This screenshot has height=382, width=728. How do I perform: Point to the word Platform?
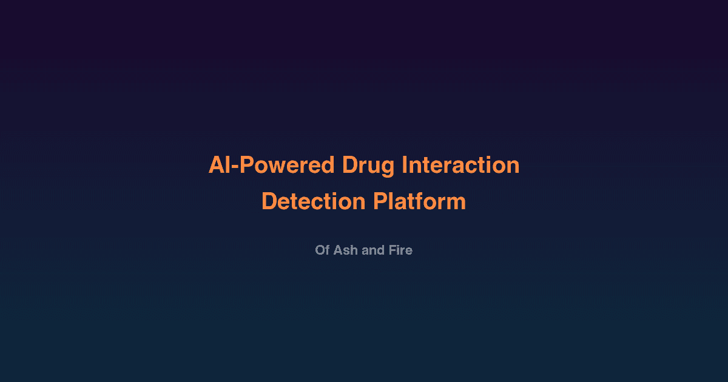(419, 201)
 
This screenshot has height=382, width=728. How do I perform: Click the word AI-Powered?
(271, 165)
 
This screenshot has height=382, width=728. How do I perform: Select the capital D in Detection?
(269, 201)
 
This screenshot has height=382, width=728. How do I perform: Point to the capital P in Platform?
(379, 201)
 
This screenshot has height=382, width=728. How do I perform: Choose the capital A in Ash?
(338, 250)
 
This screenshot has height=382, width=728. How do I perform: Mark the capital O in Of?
(320, 250)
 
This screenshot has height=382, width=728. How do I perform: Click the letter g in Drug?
(388, 167)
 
